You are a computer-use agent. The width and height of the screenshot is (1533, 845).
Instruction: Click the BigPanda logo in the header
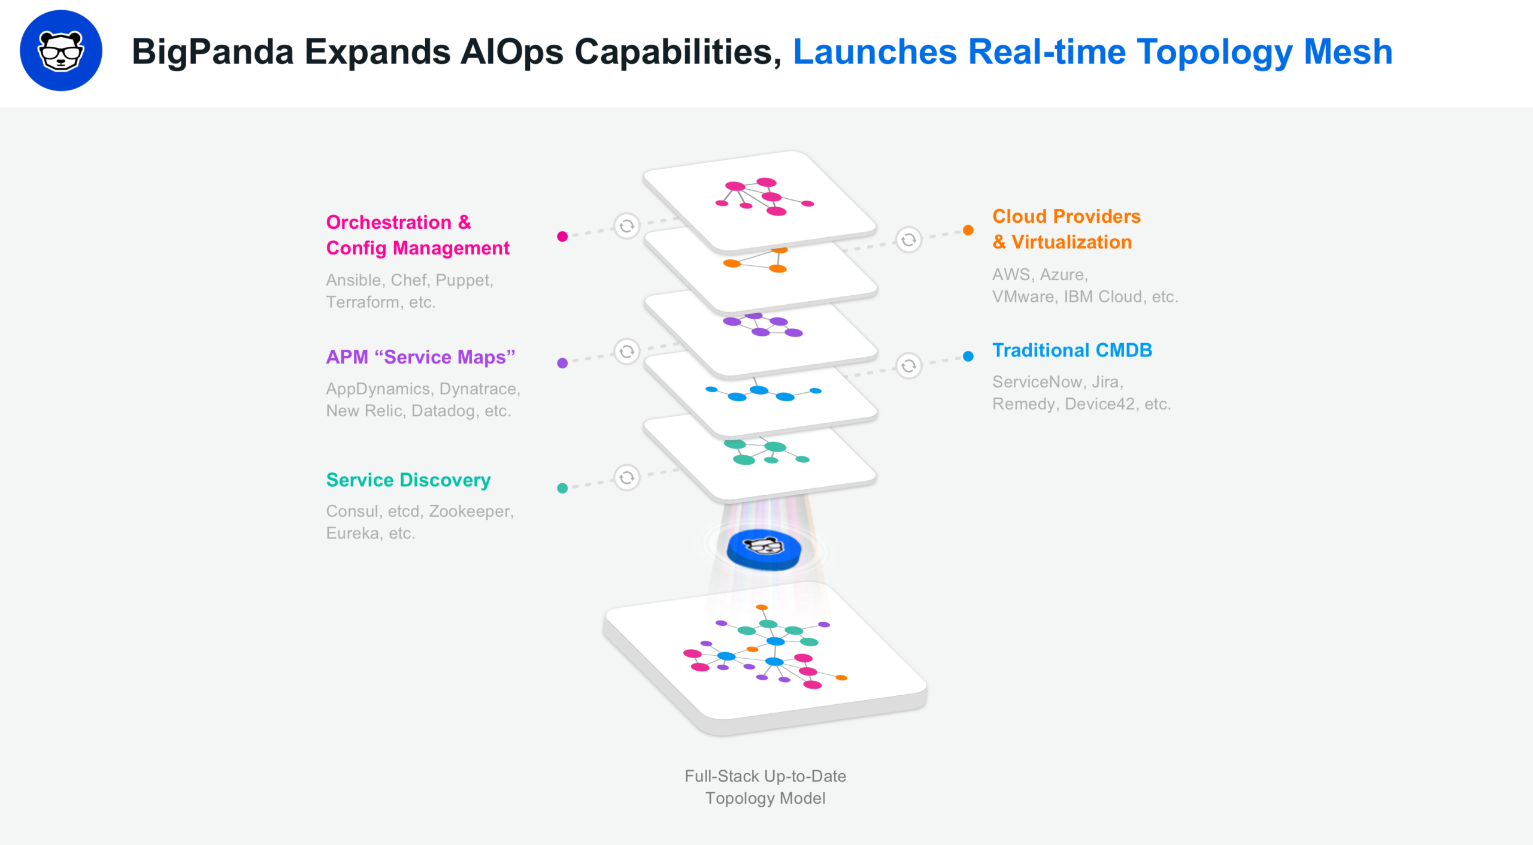click(x=60, y=51)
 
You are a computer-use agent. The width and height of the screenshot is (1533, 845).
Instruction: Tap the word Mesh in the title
click(x=1348, y=52)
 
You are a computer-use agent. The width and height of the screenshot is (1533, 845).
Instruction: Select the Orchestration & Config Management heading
click(x=417, y=235)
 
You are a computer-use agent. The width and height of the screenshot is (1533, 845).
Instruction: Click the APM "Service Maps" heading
click(x=420, y=357)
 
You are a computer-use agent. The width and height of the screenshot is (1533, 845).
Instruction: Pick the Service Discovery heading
click(x=408, y=480)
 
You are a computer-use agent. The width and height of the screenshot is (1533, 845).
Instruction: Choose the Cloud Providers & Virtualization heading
click(x=1066, y=229)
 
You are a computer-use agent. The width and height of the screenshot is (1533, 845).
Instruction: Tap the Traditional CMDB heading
click(x=1072, y=350)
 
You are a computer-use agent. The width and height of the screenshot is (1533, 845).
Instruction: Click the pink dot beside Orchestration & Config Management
click(x=562, y=237)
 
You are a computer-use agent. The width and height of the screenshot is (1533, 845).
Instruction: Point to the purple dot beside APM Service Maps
click(x=562, y=363)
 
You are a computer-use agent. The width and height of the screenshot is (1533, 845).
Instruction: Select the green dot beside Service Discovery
click(x=562, y=488)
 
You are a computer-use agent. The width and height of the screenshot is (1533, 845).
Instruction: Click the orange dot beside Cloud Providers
click(x=968, y=230)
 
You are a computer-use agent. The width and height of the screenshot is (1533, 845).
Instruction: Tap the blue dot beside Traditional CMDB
click(x=968, y=356)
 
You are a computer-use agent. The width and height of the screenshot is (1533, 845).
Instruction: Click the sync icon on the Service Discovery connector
click(x=627, y=478)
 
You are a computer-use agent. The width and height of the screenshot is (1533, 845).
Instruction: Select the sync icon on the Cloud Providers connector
click(x=908, y=240)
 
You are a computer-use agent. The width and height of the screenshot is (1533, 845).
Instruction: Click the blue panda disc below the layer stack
click(x=764, y=549)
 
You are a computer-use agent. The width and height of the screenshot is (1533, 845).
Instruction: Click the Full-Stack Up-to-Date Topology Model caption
click(x=765, y=787)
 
